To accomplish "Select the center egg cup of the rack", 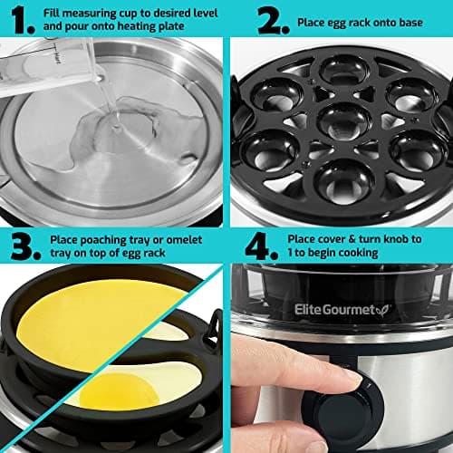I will point(339,119).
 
